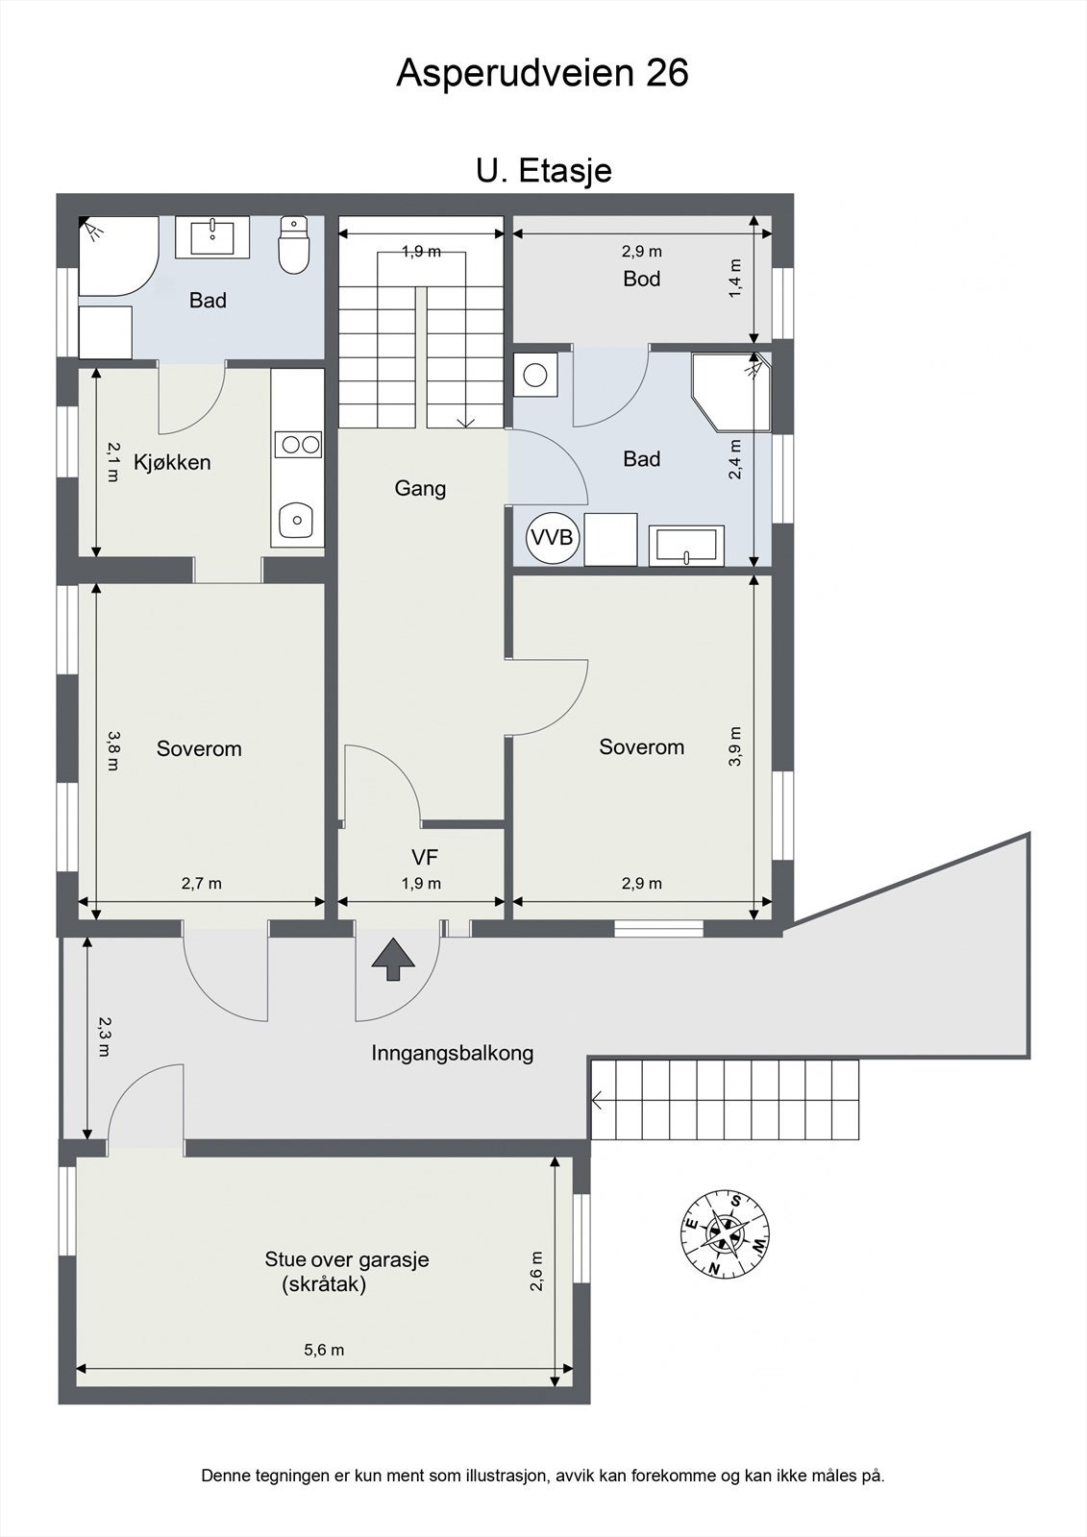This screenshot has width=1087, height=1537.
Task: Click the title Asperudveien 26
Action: [x=542, y=73]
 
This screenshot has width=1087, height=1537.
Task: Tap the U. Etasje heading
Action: [x=544, y=171]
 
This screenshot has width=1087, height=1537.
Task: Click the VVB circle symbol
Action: [x=553, y=537]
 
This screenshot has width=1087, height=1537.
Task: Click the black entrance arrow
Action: [x=393, y=960]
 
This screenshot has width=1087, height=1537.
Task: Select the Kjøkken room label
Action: [x=172, y=462]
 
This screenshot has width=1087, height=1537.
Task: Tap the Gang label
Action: [x=420, y=489]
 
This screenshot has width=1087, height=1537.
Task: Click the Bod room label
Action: [x=642, y=279]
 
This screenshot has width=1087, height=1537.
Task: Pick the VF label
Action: [x=425, y=857]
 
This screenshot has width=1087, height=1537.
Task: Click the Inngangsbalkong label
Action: [x=453, y=1053]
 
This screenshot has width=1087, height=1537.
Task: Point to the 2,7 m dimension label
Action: [x=201, y=883]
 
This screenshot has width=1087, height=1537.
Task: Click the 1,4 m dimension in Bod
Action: [x=735, y=278]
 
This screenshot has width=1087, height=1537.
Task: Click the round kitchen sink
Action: [x=297, y=521]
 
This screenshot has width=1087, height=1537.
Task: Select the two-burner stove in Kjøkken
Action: [x=297, y=445]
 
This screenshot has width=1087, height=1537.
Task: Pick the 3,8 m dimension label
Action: [x=112, y=750]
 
